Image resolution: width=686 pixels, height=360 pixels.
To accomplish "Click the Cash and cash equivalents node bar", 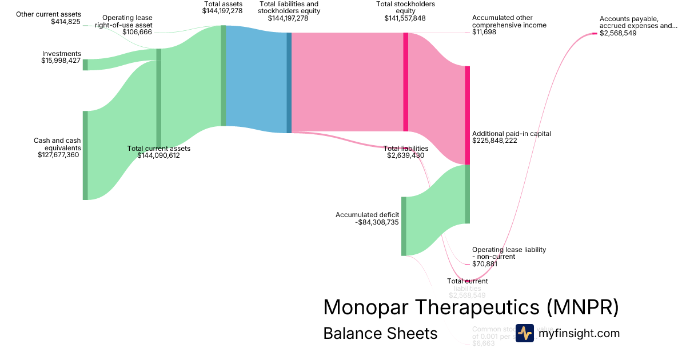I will (x=85, y=155).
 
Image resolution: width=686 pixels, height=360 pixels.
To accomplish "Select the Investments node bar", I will (x=85, y=65).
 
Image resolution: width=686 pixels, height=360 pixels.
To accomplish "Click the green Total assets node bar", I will (x=224, y=75).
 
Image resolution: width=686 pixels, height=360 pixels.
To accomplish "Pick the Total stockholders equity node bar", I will (x=406, y=82).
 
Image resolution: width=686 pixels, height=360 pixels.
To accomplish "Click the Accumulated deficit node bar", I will (x=404, y=226).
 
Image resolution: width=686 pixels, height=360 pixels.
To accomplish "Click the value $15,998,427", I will (x=61, y=61).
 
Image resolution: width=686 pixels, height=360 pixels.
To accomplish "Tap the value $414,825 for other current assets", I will (x=66, y=22).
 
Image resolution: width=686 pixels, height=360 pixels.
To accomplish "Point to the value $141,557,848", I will (x=405, y=18).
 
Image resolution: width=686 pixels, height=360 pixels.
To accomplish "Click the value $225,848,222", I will (x=494, y=141).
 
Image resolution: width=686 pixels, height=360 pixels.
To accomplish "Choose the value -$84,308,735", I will (x=377, y=222).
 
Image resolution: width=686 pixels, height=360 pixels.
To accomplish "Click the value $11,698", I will (x=484, y=32).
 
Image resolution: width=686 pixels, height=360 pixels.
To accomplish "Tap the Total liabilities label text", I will (x=405, y=149).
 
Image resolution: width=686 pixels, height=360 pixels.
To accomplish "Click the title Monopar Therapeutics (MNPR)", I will (x=470, y=307).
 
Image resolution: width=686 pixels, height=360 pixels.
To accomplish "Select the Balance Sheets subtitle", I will (x=380, y=333).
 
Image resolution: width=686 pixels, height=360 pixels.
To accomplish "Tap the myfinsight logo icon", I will (x=524, y=333).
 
